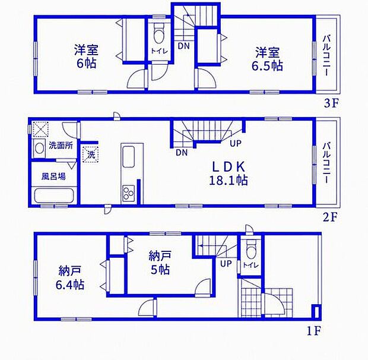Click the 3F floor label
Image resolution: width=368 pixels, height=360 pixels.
332,103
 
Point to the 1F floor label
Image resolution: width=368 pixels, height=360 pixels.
314,331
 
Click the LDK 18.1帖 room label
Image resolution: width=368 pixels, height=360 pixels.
229,174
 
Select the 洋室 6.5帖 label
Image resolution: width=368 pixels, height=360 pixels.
267,59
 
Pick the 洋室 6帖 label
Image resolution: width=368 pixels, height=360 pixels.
86,56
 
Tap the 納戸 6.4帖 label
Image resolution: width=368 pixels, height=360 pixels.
69,278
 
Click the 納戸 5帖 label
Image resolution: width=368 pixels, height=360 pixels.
160,263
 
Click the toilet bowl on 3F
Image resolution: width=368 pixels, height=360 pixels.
159,34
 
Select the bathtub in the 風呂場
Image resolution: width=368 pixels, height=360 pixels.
55,195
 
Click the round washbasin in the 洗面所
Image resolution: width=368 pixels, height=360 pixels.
39,149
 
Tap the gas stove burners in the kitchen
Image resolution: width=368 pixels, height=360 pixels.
128,193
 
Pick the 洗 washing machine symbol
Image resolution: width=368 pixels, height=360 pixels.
91,154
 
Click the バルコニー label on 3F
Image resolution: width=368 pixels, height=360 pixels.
326,55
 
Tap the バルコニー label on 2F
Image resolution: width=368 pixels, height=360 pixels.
326,163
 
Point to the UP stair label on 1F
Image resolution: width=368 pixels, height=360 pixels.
226,264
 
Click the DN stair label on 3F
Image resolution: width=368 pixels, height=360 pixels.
183,46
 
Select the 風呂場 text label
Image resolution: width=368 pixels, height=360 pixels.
53,176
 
